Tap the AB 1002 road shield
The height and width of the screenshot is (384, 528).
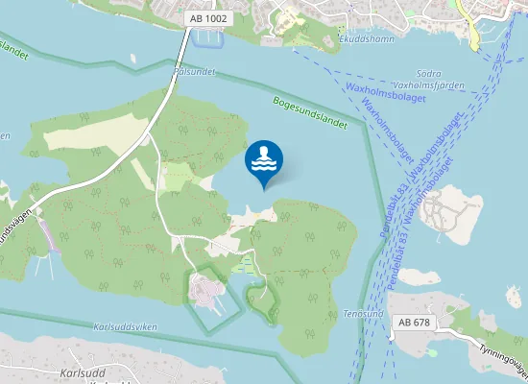(208, 18)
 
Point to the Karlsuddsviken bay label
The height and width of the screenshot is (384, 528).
(125, 327)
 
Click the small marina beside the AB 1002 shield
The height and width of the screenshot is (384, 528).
(206, 39)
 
